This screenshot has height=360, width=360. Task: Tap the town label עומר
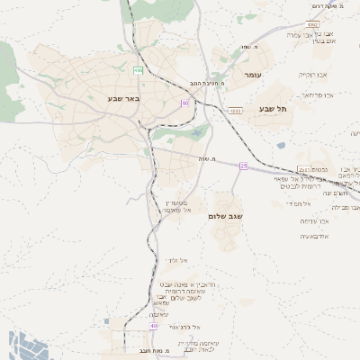tap(251, 76)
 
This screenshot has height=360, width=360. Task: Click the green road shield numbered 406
tap(139, 69)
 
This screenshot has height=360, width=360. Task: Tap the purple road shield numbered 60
tap(184, 103)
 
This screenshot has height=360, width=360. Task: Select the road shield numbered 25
tap(243, 166)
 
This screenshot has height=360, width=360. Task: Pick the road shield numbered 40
tap(153, 326)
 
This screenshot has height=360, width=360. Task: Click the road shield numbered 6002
tap(313, 24)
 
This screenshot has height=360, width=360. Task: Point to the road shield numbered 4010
tap(236, 111)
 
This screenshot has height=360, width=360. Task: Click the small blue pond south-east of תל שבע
tap(281, 145)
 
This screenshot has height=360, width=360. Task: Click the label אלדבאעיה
tap(314, 236)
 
